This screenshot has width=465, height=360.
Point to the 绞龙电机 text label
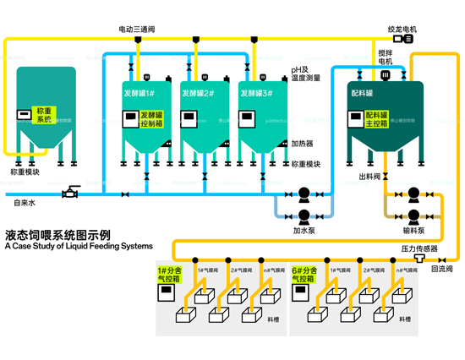(403, 28)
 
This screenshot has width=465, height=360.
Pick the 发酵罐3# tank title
(255, 93)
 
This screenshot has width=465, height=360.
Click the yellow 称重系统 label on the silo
(44, 116)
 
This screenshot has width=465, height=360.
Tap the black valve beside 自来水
(72, 194)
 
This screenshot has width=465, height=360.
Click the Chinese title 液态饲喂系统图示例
(57, 234)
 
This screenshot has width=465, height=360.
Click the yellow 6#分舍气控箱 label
(303, 275)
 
